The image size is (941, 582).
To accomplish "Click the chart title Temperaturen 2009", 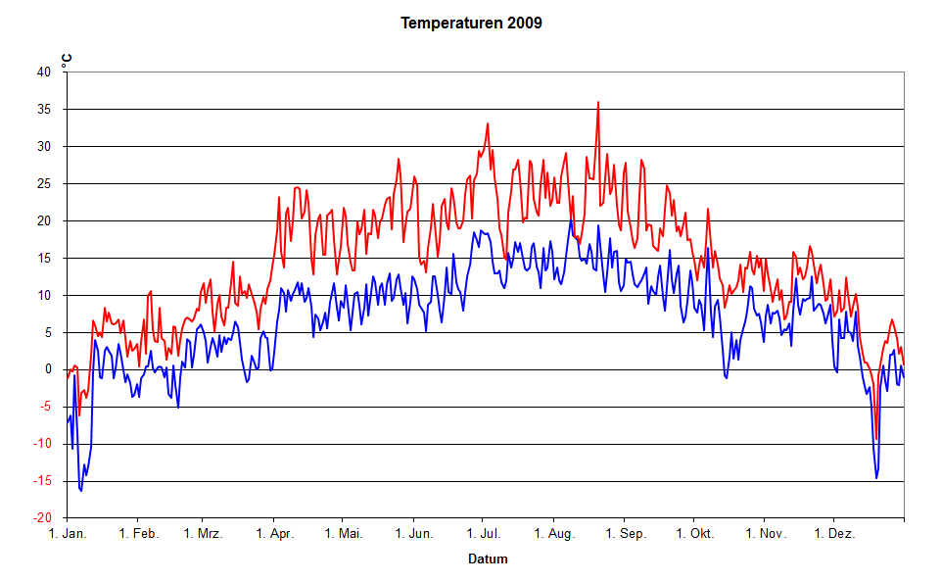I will pos(471,23).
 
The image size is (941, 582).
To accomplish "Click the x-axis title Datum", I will pos(487,559).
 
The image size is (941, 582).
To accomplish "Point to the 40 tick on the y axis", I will pos(44,72).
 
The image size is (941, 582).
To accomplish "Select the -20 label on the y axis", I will pos(42,518).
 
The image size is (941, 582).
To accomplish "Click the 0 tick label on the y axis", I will pos(48,369).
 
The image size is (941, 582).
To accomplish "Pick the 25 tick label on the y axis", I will pos(44,183).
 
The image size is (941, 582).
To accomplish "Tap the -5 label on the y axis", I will pos(45,407).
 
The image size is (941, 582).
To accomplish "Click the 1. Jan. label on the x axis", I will pos(68,534).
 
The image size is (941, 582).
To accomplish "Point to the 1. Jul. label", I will pos(481,534).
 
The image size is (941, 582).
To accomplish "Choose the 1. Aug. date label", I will pos(553,534).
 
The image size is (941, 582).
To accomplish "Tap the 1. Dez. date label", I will pos(833,534).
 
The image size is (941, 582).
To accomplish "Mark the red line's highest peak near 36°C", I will pos(598,102).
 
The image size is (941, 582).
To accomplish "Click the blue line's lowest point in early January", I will pos(81,490).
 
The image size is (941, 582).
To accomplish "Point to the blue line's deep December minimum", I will pos(877,478).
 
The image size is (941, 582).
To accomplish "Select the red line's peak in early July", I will pos(488,124).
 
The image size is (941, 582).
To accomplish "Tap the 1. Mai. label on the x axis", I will pos(342,534).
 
